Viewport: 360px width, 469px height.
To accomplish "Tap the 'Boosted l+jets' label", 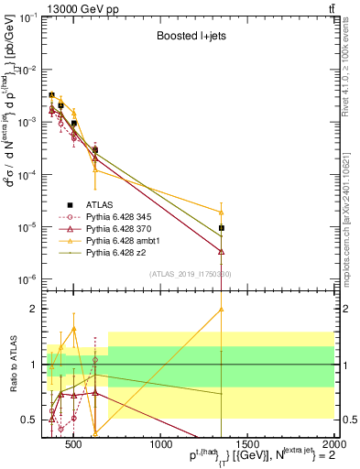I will (191, 37).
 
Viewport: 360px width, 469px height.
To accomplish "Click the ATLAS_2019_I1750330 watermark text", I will (191, 273).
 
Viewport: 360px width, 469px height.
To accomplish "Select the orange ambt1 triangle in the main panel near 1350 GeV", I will (222, 213).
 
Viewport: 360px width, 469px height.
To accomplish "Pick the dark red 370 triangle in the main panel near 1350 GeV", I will (222, 251).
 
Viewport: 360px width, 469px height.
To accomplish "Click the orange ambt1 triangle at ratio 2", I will (222, 309).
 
